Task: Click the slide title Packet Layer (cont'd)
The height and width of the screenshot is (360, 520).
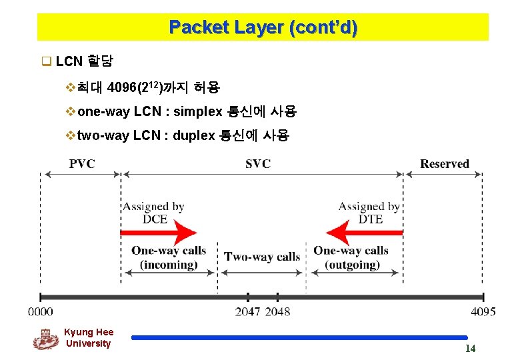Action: coord(263,27)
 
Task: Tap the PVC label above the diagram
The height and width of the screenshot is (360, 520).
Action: coord(81,163)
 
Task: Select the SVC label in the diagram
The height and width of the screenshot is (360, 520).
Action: coord(258,163)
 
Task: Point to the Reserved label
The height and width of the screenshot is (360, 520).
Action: coord(445,163)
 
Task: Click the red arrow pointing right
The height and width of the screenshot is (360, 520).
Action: coord(159,233)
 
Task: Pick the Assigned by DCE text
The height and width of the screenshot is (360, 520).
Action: coord(153,213)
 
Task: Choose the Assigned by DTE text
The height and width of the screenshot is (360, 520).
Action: coord(369,213)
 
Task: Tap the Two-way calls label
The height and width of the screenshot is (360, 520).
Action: coord(262,257)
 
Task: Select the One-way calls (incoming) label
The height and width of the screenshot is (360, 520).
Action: coord(169,257)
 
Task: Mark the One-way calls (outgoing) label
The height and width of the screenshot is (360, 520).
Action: coord(351,257)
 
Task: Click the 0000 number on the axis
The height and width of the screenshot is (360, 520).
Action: coord(41,311)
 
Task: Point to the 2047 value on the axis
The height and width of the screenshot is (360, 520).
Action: coord(248,311)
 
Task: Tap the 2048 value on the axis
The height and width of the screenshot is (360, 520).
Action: coord(277,311)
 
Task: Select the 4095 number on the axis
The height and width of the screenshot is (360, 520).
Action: coord(483,311)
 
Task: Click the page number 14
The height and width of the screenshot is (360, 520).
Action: coord(470,349)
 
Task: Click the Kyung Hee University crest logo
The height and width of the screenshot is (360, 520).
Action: coord(45,339)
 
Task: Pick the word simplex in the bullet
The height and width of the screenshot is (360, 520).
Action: coord(198,111)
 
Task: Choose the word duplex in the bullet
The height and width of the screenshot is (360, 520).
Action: coord(193,136)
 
